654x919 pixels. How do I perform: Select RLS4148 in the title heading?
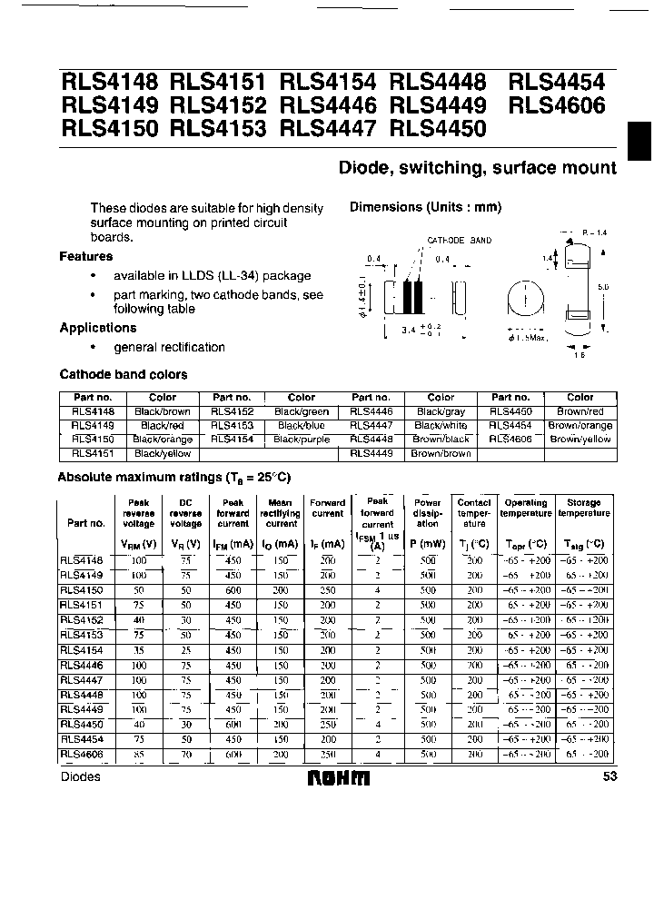point(110,82)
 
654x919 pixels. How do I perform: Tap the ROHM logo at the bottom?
point(339,777)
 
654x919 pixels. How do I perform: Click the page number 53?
point(608,777)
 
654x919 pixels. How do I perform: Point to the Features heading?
point(86,257)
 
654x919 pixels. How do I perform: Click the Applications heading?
point(98,328)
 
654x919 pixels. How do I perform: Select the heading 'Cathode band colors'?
point(124,374)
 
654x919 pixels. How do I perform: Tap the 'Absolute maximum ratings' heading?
point(173,477)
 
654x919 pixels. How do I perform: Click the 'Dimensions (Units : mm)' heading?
point(425,207)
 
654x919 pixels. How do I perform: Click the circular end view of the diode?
point(523,299)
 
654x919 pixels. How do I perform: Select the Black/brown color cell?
point(163,411)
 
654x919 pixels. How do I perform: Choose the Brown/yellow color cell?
point(580,440)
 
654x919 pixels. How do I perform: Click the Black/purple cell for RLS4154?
point(301,440)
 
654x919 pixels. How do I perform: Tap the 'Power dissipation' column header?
point(427,513)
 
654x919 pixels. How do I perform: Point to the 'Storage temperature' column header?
point(584,508)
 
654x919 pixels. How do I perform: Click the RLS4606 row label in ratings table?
point(83,754)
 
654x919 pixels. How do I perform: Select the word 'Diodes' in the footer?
point(81,777)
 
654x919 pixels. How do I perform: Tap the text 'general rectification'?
point(169,348)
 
